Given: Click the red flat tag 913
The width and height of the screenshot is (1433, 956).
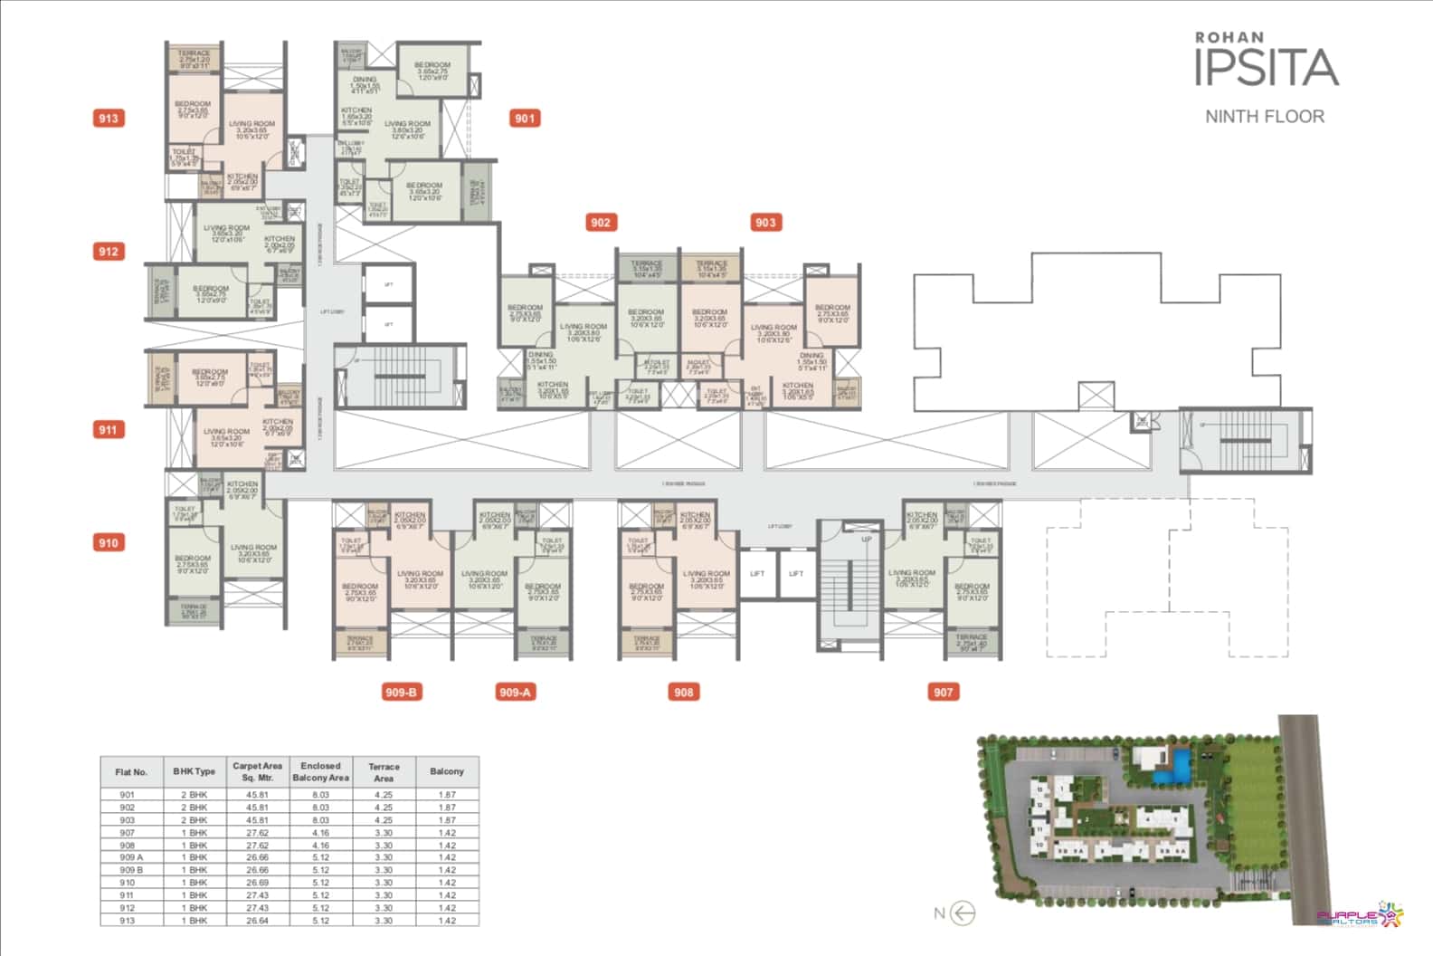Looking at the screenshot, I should click(x=109, y=118).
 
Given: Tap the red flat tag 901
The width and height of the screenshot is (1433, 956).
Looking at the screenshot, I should click(x=525, y=118).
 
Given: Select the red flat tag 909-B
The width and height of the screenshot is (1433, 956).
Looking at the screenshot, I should click(x=401, y=693).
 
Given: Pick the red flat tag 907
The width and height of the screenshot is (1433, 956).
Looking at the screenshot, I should click(x=944, y=693).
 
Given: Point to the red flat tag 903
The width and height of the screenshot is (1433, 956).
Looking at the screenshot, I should click(x=765, y=223).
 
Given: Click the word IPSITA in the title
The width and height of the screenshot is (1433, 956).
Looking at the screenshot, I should click(x=1266, y=69).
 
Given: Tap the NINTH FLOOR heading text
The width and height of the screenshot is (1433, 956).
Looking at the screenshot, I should click(x=1265, y=116).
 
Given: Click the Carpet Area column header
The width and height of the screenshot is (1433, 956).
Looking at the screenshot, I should click(x=258, y=771).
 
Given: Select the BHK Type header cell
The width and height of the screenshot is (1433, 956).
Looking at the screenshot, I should click(x=195, y=771).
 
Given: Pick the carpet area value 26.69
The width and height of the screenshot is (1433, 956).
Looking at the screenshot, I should click(x=258, y=883).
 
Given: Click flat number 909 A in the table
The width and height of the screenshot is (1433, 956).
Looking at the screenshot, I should click(x=131, y=857).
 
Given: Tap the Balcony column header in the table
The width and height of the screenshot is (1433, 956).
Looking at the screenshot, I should click(x=447, y=771).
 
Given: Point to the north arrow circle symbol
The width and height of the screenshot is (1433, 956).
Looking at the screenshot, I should click(x=964, y=913).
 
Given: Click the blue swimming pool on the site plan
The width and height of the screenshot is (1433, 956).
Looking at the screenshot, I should click(x=1174, y=768).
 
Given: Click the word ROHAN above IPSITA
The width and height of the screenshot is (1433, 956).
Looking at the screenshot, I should click(x=1229, y=37).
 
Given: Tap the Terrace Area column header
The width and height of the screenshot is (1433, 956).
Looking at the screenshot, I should click(x=384, y=771).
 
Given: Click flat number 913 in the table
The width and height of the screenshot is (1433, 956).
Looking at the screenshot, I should click(x=127, y=921).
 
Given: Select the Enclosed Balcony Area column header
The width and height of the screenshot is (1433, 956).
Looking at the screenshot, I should click(x=320, y=771).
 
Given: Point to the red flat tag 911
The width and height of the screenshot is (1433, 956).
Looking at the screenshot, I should click(x=109, y=430).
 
